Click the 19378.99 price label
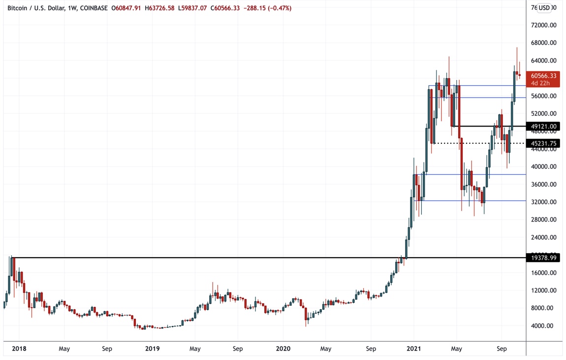click(x=543, y=258)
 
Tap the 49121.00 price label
click(x=543, y=127)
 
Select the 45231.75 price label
click(x=543, y=143)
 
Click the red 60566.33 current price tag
click(x=543, y=76)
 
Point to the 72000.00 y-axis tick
click(x=543, y=25)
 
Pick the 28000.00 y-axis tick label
click(x=543, y=220)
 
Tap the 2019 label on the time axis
click(x=153, y=349)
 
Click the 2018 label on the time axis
click(x=19, y=349)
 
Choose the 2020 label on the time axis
click(x=283, y=349)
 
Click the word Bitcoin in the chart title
click(x=19, y=8)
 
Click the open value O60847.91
click(x=127, y=8)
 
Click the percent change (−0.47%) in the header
click(x=279, y=8)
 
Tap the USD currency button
click(x=544, y=8)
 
